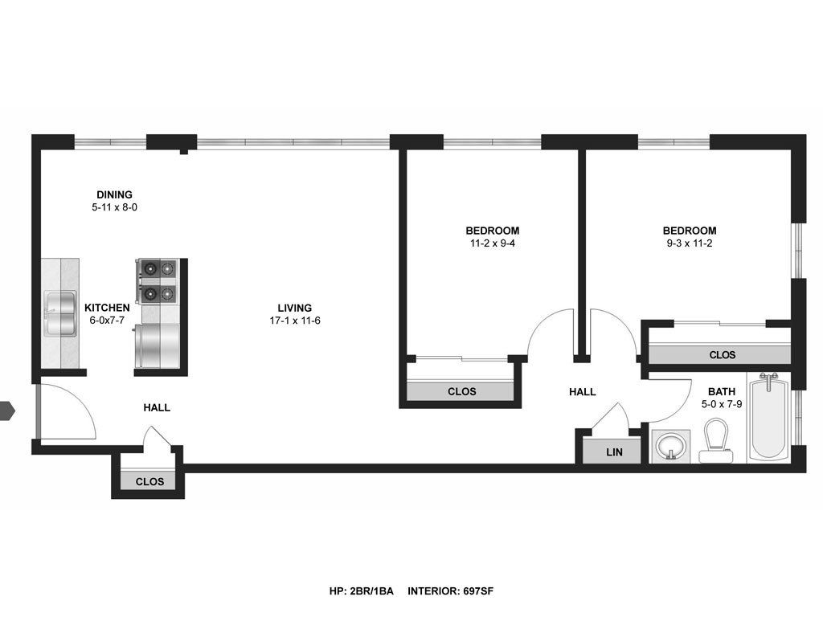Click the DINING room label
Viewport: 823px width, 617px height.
(x=114, y=194)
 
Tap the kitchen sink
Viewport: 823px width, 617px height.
(x=60, y=314)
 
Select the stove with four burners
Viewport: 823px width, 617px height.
(x=157, y=281)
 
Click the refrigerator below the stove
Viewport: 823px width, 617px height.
(x=157, y=345)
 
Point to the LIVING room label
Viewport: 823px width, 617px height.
(x=294, y=308)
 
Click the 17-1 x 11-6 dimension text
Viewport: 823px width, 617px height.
(x=295, y=321)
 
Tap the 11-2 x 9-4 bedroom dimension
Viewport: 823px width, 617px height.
(x=493, y=243)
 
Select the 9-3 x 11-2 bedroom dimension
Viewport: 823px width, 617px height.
(x=689, y=243)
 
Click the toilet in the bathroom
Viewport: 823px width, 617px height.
(x=715, y=441)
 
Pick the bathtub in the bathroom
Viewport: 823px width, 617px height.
(x=768, y=419)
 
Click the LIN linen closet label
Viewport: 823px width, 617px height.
(x=614, y=452)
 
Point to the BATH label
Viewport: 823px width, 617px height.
(x=722, y=391)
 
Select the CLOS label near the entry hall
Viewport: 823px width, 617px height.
(x=149, y=482)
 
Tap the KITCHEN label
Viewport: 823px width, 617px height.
(x=107, y=308)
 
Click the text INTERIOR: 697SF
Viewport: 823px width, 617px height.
(x=450, y=591)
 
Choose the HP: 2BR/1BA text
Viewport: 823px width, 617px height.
(x=361, y=591)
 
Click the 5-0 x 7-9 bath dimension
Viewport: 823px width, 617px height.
(x=722, y=404)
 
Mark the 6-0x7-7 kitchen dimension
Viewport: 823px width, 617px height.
(x=107, y=320)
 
